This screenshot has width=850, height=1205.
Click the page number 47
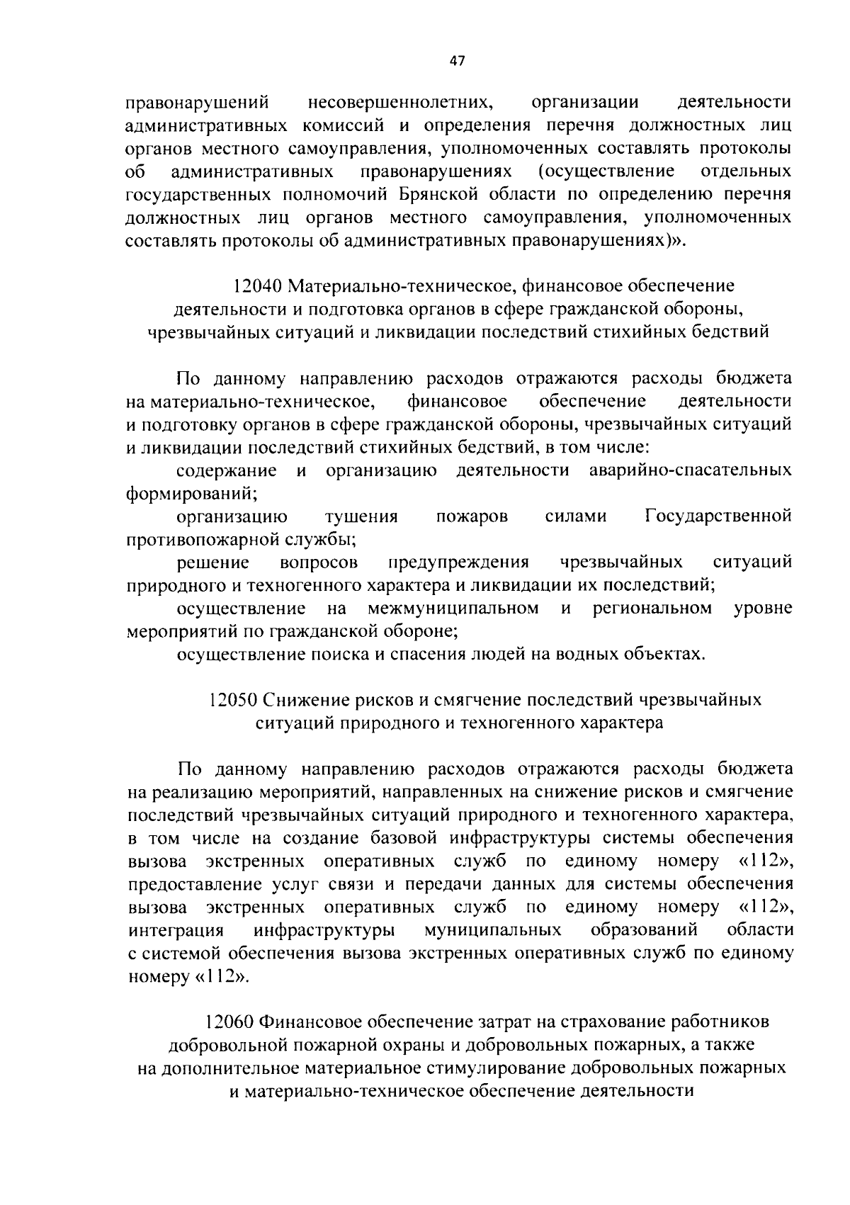457,61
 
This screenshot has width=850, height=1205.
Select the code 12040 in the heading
257,286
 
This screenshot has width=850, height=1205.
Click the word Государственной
718,516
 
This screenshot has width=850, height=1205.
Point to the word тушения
361,516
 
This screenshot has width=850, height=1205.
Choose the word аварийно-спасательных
690,470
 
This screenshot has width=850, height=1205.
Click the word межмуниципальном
453,609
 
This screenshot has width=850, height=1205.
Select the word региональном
652,609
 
